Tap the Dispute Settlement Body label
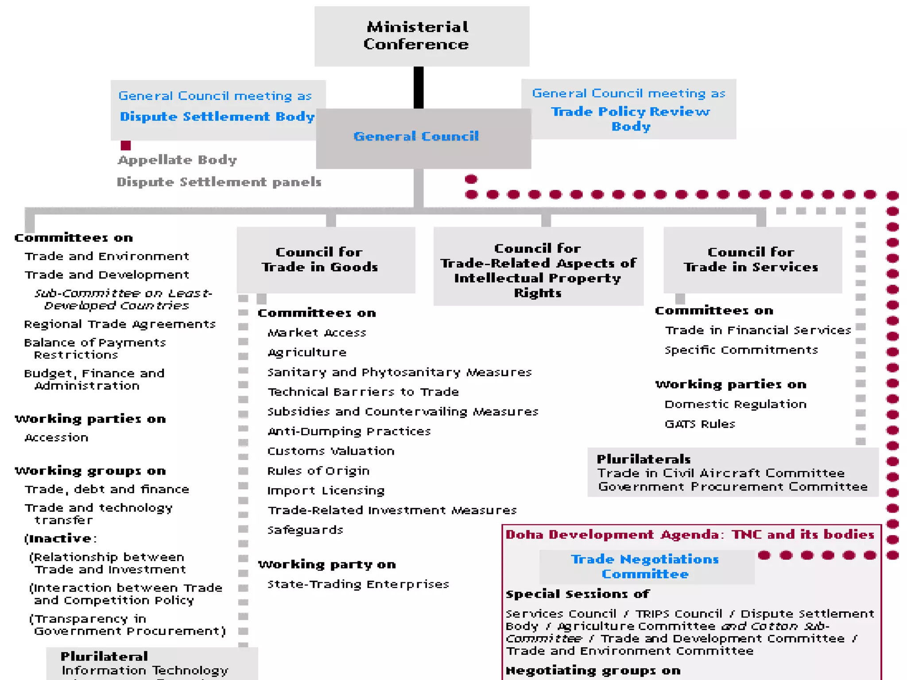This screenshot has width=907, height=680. (x=217, y=116)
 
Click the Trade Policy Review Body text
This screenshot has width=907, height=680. (x=630, y=119)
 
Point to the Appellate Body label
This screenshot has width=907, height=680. (x=177, y=160)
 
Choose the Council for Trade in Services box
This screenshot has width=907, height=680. (x=752, y=259)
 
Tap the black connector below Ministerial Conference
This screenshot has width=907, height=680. (x=419, y=87)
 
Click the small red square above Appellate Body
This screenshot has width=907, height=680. (x=126, y=145)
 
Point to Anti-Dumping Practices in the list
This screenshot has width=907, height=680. (x=349, y=431)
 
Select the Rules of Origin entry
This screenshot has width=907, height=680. (x=318, y=471)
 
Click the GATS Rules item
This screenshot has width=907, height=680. (x=700, y=424)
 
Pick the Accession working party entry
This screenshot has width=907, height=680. (x=56, y=437)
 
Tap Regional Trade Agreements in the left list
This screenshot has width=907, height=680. (x=120, y=324)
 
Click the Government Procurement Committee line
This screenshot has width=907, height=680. (x=733, y=487)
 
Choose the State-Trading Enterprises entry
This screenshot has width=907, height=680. (x=358, y=584)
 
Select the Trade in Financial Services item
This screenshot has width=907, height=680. (x=758, y=330)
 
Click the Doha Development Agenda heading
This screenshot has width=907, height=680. (x=690, y=535)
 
